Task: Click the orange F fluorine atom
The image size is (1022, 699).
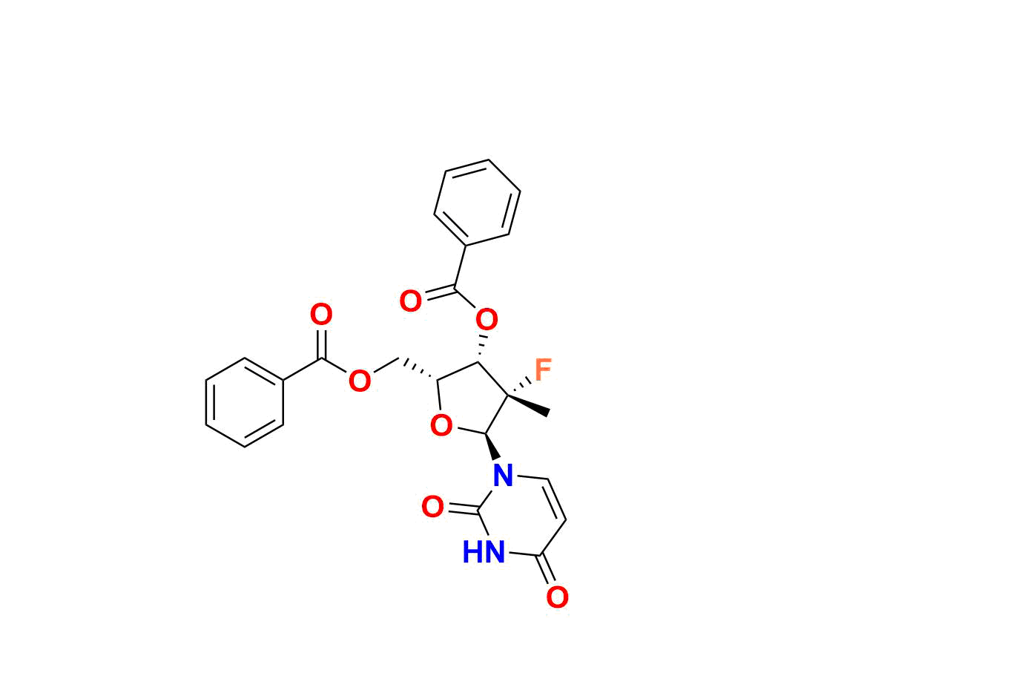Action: pos(543,370)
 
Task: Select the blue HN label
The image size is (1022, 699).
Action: pos(484,552)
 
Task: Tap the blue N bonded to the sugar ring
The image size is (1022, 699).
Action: pos(504,475)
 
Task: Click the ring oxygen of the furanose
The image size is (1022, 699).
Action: pos(441,425)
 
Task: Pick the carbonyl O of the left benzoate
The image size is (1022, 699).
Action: pos(321,314)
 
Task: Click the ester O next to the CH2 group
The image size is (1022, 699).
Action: pos(360,381)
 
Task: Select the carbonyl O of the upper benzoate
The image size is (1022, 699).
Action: pos(411,301)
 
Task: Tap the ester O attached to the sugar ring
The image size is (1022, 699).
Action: pos(487,318)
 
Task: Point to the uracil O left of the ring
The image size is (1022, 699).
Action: pos(432,507)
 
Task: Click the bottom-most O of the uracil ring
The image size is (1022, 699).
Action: pos(558,597)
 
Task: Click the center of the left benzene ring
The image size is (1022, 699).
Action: pos(245,402)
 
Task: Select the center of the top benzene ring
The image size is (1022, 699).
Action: pos(477,203)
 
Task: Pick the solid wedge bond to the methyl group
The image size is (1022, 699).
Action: pos(528,404)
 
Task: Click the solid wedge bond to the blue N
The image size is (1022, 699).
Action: pos(492,446)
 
